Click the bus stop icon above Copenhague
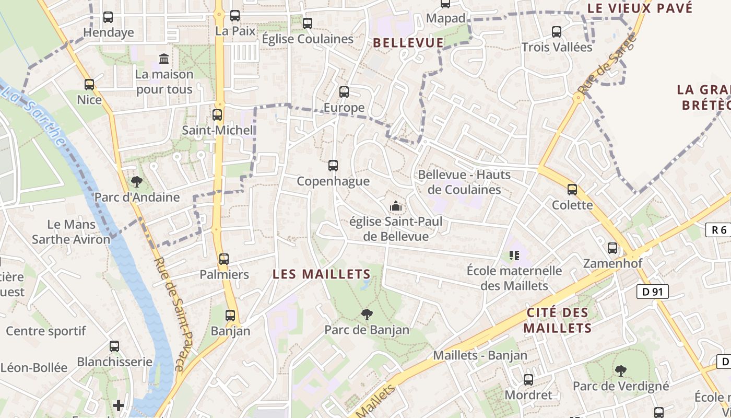pos(333,166)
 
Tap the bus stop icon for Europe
pos(344,92)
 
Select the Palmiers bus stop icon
pos(224,259)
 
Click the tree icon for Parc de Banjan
pos(367,314)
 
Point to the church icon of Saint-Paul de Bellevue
pos(396,206)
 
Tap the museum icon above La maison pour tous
pos(164,58)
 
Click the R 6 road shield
pos(718,230)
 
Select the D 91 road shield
pos(653,292)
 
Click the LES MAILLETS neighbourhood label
pos(322,274)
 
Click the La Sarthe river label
pos(33,116)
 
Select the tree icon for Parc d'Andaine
pos(137,182)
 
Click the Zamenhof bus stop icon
pos(612,248)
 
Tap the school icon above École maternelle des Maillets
pos(514,255)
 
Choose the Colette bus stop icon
pos(572,190)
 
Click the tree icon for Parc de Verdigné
pos(621,371)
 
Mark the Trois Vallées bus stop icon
pos(557,32)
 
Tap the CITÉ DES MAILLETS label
pos(558,320)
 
